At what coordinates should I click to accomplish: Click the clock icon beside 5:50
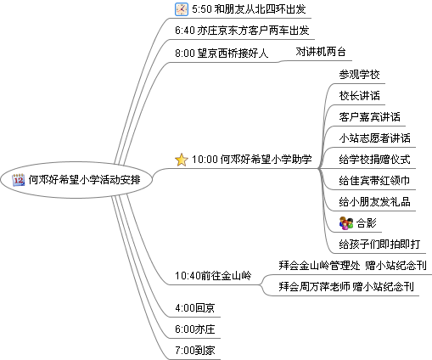[182, 9]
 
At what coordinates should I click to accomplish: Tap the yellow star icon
[182, 160]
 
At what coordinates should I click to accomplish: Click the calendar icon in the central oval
[19, 180]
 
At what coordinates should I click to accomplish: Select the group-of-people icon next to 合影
[346, 223]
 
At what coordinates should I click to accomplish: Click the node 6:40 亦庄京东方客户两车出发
[242, 31]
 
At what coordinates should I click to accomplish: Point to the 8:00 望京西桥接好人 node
[222, 53]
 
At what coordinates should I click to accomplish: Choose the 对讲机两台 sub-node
[321, 52]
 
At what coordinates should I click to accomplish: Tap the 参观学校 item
[359, 75]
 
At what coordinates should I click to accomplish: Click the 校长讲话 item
[359, 96]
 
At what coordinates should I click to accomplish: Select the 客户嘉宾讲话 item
[370, 117]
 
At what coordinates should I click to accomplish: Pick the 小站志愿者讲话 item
[375, 138]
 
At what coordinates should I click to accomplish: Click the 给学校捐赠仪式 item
[375, 160]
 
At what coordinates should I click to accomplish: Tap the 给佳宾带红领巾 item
[375, 181]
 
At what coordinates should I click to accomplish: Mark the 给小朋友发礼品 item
[375, 202]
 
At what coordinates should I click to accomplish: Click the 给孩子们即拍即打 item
[379, 244]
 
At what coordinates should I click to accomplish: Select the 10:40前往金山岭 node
[213, 275]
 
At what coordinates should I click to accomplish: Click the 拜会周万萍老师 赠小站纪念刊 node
[346, 287]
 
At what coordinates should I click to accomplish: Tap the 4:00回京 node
[195, 308]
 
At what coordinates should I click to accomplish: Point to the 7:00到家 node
[195, 351]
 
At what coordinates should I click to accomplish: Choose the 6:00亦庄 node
[195, 329]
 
